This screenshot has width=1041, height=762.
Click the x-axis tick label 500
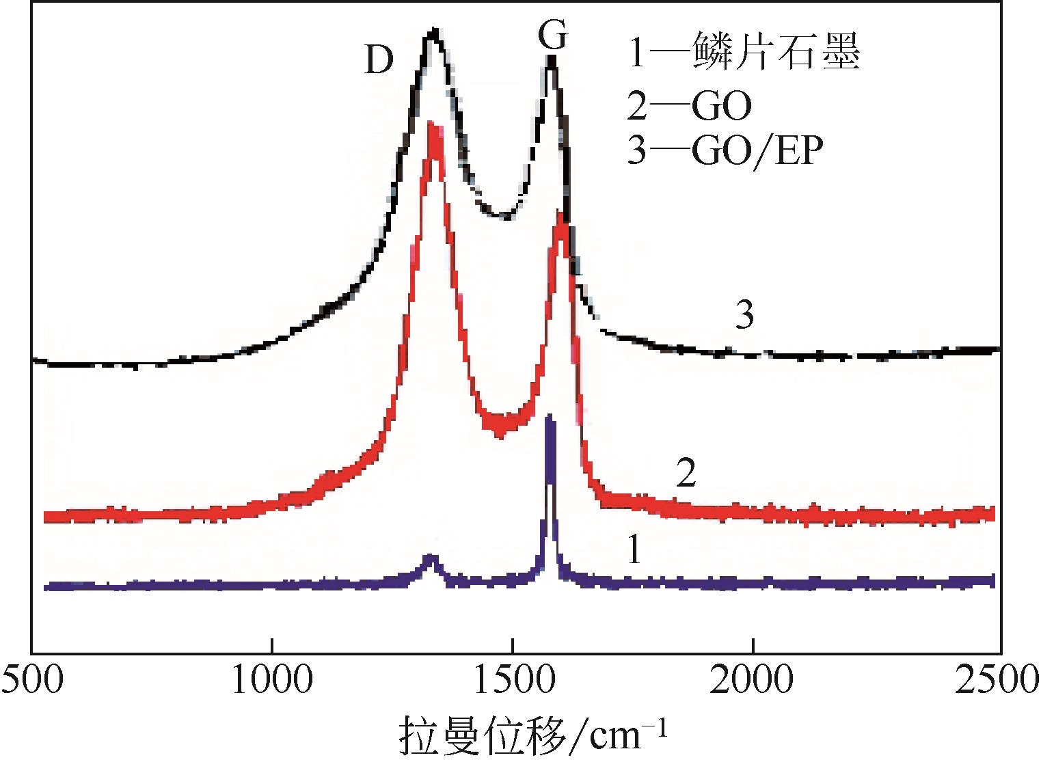click(31, 681)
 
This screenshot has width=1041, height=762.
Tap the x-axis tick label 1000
click(272, 681)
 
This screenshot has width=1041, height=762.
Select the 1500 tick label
click(513, 681)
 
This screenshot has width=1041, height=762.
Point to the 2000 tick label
click(753, 681)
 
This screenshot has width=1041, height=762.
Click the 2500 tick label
click(1001, 681)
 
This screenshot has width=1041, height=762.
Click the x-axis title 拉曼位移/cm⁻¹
click(532, 735)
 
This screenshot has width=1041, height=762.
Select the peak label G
click(552, 36)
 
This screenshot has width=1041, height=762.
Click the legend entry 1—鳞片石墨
click(743, 53)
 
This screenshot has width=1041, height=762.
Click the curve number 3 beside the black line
click(745, 316)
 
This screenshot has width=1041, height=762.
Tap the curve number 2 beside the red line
click(686, 473)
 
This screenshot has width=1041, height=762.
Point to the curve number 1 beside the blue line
click(634, 549)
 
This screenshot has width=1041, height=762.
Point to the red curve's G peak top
click(560, 217)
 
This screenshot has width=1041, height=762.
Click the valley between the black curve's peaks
click(504, 216)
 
